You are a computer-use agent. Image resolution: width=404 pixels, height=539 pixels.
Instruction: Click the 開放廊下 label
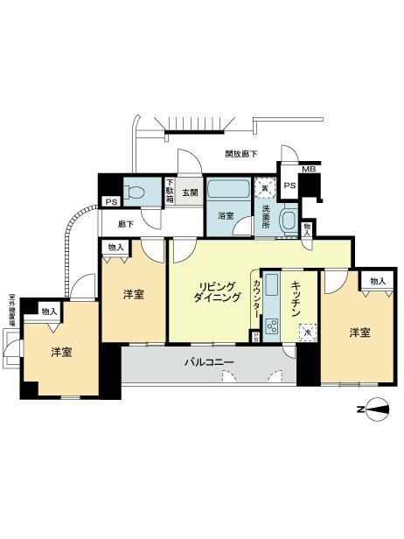point(241,154)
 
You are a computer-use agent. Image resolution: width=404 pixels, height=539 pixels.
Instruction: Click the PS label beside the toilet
point(110,203)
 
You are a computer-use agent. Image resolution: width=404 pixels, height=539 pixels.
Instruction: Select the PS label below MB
point(289,186)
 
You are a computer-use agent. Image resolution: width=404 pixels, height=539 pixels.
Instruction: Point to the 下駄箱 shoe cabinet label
point(171,192)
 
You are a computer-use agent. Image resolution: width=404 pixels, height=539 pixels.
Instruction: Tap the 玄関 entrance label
point(191,192)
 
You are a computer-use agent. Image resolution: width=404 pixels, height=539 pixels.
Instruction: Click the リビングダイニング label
point(217,292)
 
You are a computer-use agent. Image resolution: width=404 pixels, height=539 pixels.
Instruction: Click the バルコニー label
point(208,360)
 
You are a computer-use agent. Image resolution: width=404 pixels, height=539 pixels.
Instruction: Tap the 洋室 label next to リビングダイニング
point(133,294)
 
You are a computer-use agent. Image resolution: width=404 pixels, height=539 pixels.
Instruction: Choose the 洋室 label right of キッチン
point(361,332)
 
